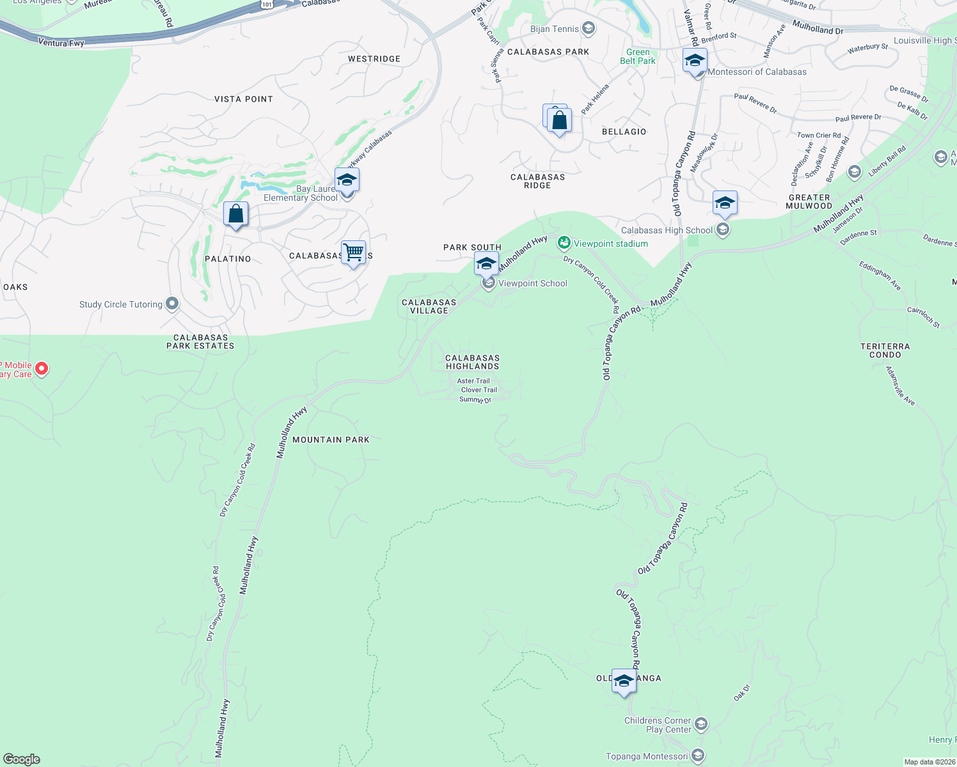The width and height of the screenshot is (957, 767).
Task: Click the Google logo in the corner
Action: pos(22,759)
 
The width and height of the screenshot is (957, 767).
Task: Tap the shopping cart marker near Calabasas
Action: pos(353,253)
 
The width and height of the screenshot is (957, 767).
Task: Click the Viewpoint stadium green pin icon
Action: pos(564,242)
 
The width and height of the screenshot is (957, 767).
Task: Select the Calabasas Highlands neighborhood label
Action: pos(472,362)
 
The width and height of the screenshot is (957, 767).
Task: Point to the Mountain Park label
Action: pos(331,440)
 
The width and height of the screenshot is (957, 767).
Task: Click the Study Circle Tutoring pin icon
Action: pos(172,304)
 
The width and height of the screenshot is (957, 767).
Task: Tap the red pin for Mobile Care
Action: pos(42,369)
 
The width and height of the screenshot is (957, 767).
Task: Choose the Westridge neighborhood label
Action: pos(374,59)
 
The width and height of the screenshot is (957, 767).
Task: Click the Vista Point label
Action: pos(244,99)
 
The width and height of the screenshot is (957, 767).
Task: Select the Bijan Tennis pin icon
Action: pos(589,28)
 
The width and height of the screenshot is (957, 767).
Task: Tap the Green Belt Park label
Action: pos(638,56)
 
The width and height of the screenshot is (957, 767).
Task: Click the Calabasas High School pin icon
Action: pos(723,229)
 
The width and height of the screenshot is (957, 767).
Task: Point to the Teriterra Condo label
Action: pos(885,350)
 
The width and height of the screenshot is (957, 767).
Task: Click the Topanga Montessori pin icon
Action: pos(698,756)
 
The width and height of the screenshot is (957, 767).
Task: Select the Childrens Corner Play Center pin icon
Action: pos(701,724)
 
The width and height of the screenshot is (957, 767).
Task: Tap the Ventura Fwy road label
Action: pos(61,43)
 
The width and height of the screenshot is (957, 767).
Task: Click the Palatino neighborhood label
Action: pos(228,259)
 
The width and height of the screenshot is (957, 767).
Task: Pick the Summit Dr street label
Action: pos(475,399)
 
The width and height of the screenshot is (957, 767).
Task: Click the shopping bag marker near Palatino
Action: pos(235,214)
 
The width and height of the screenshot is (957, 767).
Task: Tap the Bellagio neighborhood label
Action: pos(624,132)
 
